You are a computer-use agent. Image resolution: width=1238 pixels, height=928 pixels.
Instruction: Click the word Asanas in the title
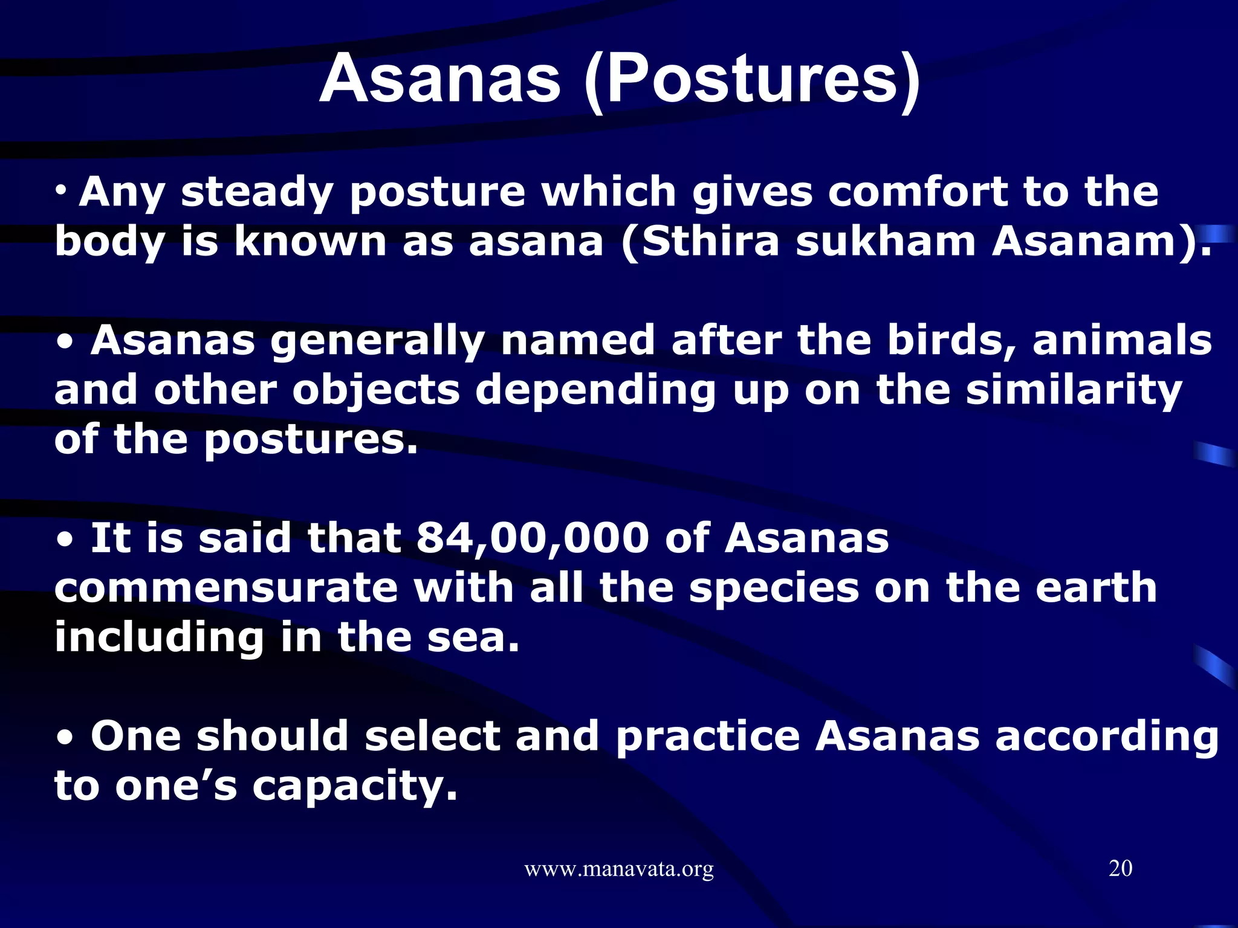click(x=439, y=79)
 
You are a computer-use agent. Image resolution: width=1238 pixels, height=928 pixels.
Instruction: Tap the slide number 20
click(x=1120, y=868)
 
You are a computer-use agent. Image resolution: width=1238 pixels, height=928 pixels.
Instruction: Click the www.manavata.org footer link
click(x=618, y=869)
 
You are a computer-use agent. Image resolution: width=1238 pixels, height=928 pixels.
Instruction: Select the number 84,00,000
click(x=532, y=538)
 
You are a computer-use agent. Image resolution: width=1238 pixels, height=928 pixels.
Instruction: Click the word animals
click(x=1122, y=341)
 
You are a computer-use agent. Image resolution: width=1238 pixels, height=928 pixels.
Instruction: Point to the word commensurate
click(x=226, y=588)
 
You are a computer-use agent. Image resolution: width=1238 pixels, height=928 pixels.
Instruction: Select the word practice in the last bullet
click(x=708, y=736)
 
